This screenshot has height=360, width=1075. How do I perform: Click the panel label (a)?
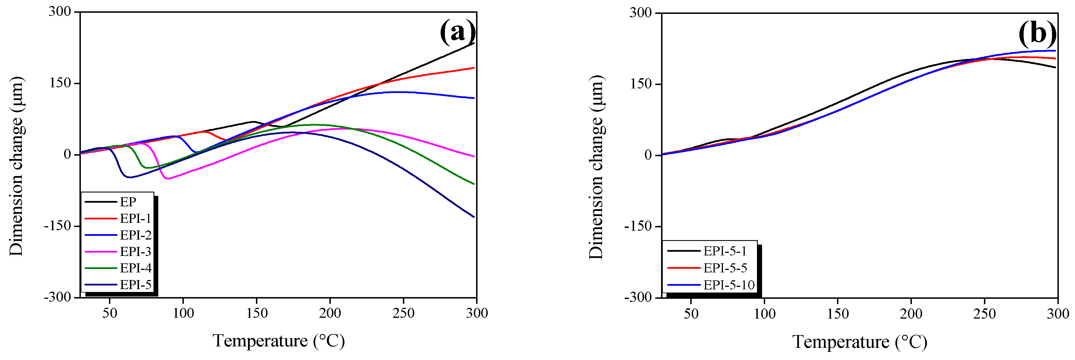pyautogui.click(x=457, y=31)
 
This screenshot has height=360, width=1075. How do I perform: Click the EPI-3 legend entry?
pyautogui.click(x=135, y=251)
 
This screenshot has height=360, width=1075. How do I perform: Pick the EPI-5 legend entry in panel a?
pyautogui.click(x=135, y=285)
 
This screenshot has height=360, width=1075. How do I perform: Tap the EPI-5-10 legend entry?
pyautogui.click(x=729, y=285)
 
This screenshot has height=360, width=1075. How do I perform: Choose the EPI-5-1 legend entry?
pyautogui.click(x=724, y=251)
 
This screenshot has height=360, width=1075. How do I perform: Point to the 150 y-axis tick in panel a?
pyautogui.click(x=60, y=83)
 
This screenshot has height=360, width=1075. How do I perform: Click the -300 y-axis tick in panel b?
pyautogui.click(x=638, y=297)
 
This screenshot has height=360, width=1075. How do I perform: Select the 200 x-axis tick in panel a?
pyautogui.click(x=330, y=313)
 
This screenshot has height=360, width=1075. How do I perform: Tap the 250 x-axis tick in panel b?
pyautogui.click(x=984, y=314)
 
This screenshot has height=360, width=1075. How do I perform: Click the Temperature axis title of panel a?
pyautogui.click(x=279, y=341)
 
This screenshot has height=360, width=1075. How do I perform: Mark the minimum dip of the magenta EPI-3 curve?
pyautogui.click(x=168, y=179)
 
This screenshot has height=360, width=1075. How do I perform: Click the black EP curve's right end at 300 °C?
pyautogui.click(x=474, y=43)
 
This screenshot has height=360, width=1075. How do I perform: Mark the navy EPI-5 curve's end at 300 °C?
pyautogui.click(x=474, y=217)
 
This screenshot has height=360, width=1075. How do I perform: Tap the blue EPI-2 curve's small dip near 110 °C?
pyautogui.click(x=196, y=152)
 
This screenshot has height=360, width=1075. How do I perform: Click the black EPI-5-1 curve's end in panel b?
pyautogui.click(x=1055, y=67)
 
